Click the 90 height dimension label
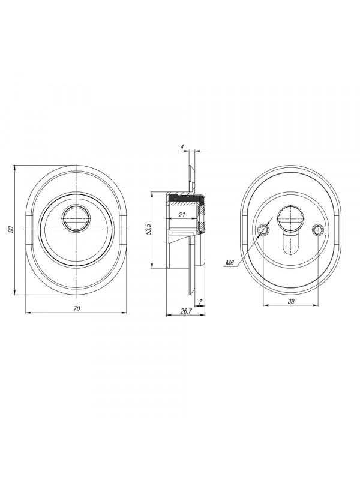click(10, 230)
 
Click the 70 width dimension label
click(77, 309)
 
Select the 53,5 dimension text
click(149, 229)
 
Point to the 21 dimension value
click(182, 215)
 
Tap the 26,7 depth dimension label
click(186, 311)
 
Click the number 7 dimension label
click(200, 302)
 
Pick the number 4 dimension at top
click(182, 147)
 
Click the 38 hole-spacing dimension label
click(291, 301)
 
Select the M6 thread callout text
click(230, 263)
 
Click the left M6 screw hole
click(263, 230)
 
